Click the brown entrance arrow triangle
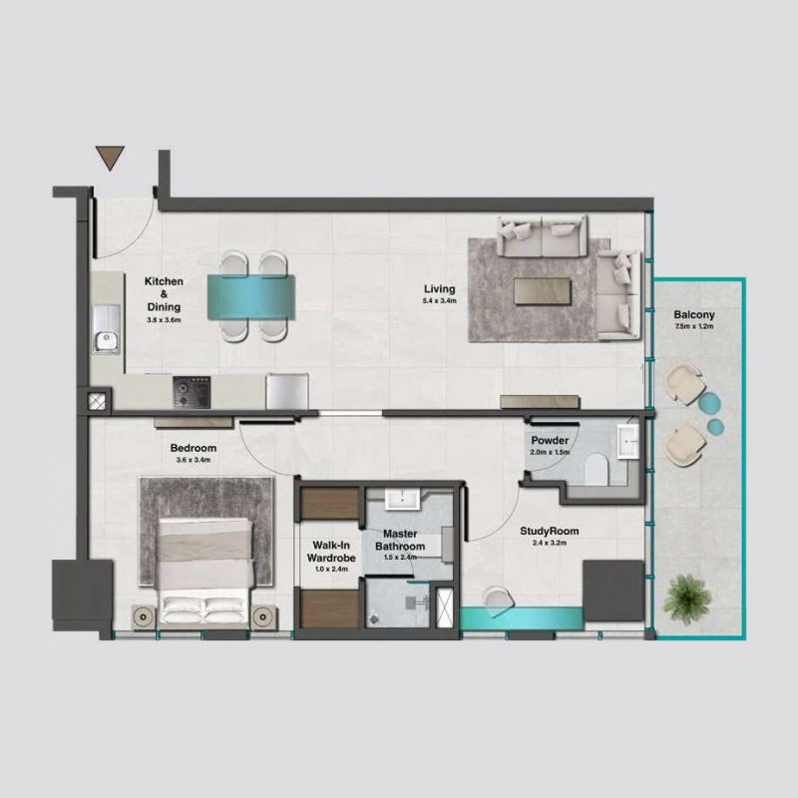(x=111, y=158)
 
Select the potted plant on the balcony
(x=688, y=597)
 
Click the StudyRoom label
(x=550, y=532)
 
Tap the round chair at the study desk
(x=496, y=597)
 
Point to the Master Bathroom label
(x=400, y=541)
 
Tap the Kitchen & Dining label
(x=164, y=293)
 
